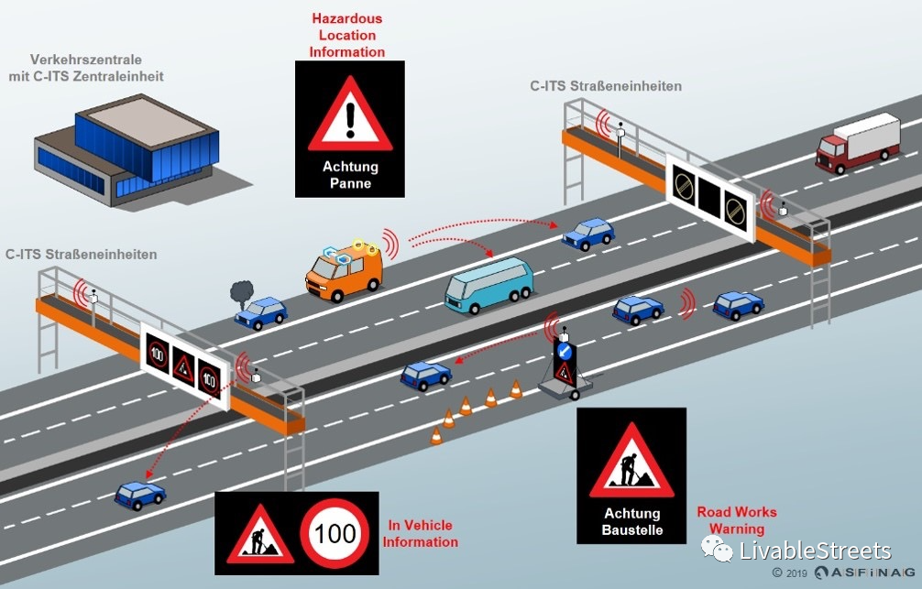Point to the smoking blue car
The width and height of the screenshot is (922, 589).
(x=261, y=313)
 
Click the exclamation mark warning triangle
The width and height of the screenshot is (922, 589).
(x=349, y=115)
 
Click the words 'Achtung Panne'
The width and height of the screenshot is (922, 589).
(x=349, y=176)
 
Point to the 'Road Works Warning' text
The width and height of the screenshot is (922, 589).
(x=736, y=520)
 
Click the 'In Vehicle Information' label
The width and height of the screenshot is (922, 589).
(x=420, y=533)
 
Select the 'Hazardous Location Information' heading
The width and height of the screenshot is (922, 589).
(x=346, y=35)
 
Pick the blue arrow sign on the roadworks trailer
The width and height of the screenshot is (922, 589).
(x=565, y=351)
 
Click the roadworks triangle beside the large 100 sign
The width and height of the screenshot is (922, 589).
(x=260, y=531)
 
